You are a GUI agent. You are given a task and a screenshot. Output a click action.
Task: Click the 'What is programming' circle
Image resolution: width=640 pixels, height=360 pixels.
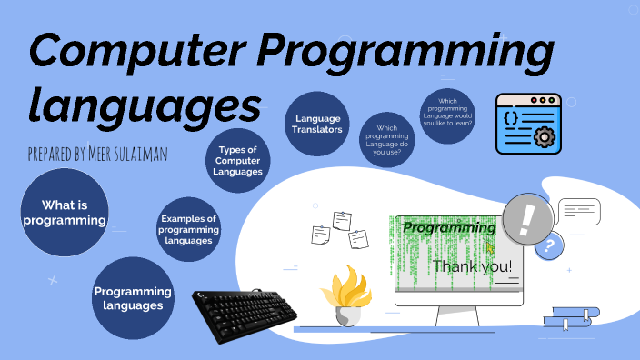tap(64, 213)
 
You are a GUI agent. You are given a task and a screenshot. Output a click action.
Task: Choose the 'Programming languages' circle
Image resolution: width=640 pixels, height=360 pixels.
tap(133, 298)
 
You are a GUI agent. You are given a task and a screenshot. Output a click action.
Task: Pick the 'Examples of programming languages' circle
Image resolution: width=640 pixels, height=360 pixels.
tap(188, 229)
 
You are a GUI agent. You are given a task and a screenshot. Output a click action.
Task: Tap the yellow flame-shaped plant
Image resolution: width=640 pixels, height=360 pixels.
tap(346, 288)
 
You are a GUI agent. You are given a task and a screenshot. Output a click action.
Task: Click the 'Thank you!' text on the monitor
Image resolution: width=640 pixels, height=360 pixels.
tap(472, 266)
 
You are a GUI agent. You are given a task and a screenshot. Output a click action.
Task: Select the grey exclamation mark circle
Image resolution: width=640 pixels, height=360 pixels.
tap(527, 219)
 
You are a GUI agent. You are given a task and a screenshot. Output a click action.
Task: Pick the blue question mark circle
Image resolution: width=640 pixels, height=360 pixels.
tap(547, 245)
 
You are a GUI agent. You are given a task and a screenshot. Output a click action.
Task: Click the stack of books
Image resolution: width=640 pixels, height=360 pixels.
tap(571, 316)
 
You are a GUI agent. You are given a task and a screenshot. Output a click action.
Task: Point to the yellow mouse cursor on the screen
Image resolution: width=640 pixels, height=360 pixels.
tap(491, 246)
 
